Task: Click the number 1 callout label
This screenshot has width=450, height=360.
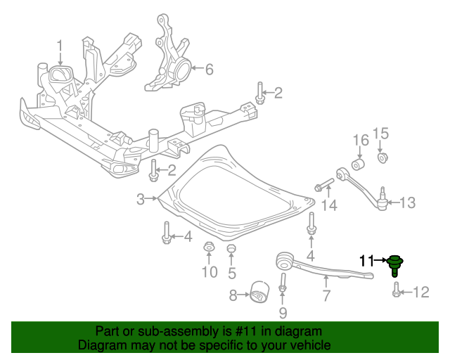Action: coord(60,47)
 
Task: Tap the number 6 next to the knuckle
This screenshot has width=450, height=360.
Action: coord(209,69)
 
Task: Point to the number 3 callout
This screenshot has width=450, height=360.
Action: coord(141,199)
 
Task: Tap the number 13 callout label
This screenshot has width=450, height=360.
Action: coord(408,203)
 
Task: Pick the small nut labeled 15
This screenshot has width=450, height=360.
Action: coord(382,156)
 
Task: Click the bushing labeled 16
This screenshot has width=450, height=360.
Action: coord(358,165)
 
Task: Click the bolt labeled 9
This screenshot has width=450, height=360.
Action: coord(283,287)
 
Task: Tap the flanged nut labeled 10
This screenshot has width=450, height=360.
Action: coord(209,248)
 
